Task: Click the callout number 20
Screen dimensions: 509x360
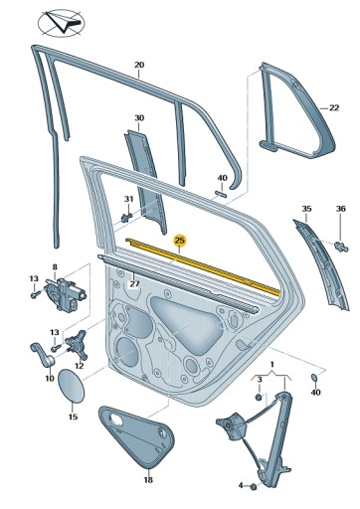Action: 139,66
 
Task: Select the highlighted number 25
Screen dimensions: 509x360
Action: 179,240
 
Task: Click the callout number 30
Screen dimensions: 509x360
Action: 139,117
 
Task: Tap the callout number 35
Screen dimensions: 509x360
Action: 306,208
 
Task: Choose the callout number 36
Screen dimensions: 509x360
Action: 341,208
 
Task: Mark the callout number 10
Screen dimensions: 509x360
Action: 49,379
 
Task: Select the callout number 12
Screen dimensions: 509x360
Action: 80,367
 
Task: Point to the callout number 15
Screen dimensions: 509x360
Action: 72,417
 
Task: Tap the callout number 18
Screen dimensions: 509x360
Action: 147,479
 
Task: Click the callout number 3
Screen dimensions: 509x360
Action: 260,380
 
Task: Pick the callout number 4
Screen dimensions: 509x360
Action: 242,486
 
